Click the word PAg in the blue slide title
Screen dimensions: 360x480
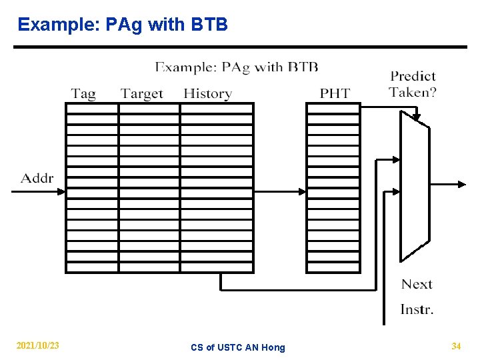(x=125, y=25)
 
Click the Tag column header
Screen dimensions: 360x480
(x=83, y=93)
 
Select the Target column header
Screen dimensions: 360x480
(x=142, y=93)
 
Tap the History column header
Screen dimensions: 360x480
(x=207, y=93)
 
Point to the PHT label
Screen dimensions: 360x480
(x=335, y=93)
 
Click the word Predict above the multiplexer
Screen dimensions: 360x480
(x=413, y=76)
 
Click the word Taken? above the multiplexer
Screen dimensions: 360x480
(x=413, y=92)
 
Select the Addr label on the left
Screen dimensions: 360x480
(x=37, y=178)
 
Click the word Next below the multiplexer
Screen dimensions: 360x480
(x=417, y=285)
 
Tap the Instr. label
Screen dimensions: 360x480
(x=417, y=309)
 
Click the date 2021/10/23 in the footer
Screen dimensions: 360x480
(x=37, y=346)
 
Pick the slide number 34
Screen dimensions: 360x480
(x=456, y=346)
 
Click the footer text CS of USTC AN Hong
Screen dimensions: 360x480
(x=237, y=347)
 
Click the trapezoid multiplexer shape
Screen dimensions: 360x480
(x=413, y=186)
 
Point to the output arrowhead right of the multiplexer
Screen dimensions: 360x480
(x=463, y=184)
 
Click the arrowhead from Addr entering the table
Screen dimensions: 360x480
(x=61, y=191)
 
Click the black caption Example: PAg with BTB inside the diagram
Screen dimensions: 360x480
(x=237, y=67)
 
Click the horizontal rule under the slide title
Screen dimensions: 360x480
(x=240, y=47)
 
